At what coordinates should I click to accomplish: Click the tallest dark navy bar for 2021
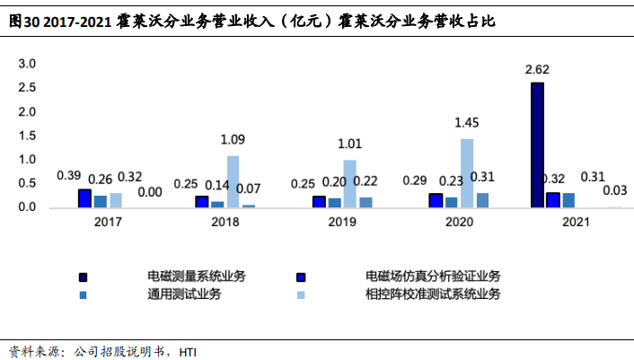pyautogui.click(x=537, y=145)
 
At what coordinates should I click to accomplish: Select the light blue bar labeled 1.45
pyautogui.click(x=466, y=173)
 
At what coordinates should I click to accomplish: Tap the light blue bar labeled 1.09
pyautogui.click(x=233, y=181)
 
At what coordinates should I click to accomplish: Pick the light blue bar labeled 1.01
pyautogui.click(x=349, y=184)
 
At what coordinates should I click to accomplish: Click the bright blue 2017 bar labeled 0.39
pyautogui.click(x=84, y=198)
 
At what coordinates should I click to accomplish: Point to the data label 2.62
pyautogui.click(x=537, y=68)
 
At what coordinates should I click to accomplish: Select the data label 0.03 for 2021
pyautogui.click(x=614, y=190)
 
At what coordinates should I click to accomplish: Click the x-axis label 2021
pyautogui.click(x=574, y=221)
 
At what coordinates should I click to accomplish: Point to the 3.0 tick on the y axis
pyautogui.click(x=27, y=65)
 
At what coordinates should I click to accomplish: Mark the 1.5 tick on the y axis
pyautogui.click(x=27, y=136)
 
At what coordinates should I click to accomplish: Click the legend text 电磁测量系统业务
pyautogui.click(x=197, y=276)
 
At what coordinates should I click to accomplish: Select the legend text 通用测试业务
pyautogui.click(x=184, y=294)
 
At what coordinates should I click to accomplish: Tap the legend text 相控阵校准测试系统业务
pyautogui.click(x=433, y=294)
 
